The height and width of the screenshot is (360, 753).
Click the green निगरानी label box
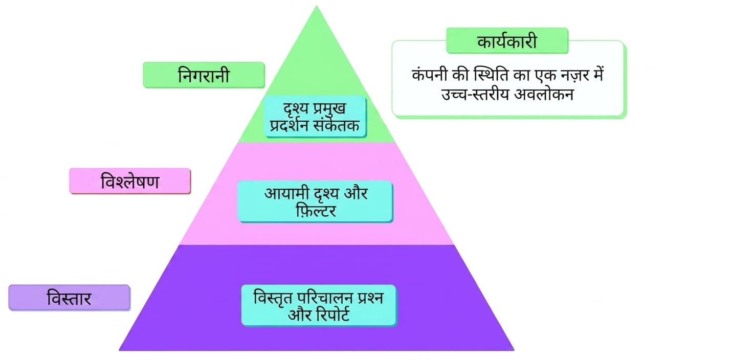[x=204, y=75]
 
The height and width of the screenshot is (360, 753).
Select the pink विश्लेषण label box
[x=130, y=181]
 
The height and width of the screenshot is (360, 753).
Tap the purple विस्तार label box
[x=69, y=298]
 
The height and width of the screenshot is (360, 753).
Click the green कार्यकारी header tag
[x=507, y=41]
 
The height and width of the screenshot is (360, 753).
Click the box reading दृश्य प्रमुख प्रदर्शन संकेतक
[x=315, y=117]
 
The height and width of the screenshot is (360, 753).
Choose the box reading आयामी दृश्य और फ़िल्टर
[x=315, y=201]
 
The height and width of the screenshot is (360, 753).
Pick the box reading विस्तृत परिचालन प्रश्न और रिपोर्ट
[x=319, y=306]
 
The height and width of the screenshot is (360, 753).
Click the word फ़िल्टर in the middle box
[x=316, y=211]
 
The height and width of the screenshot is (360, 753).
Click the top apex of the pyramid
[x=316, y=6]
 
